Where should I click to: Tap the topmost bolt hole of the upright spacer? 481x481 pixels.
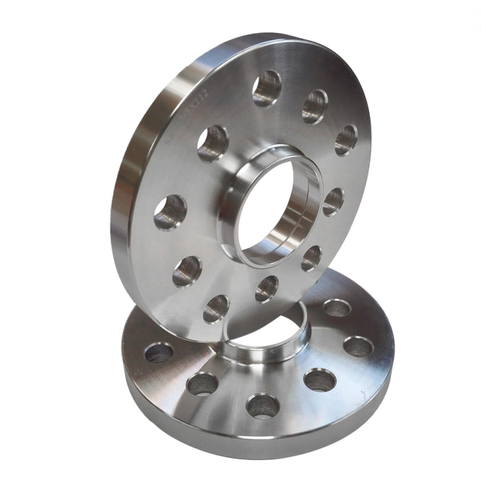pyautogui.click(x=266, y=89)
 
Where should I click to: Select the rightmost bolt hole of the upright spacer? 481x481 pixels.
pyautogui.click(x=346, y=140)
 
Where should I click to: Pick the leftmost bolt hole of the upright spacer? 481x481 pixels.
pyautogui.click(x=170, y=212)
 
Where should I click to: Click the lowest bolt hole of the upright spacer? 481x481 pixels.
pyautogui.click(x=216, y=309)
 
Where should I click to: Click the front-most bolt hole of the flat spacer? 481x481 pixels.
pyautogui.click(x=263, y=405)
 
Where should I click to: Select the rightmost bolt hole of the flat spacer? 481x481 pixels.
pyautogui.click(x=358, y=346)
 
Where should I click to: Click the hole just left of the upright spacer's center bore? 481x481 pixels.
pyautogui.click(x=212, y=143)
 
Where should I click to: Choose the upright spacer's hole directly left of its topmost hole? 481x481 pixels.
pyautogui.click(x=212, y=143)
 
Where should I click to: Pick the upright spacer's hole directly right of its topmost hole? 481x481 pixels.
pyautogui.click(x=314, y=106)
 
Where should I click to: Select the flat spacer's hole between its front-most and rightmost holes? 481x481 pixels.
pyautogui.click(x=319, y=380)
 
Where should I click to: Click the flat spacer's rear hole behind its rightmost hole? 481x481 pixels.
pyautogui.click(x=337, y=308)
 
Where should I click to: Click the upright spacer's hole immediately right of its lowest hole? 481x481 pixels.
pyautogui.click(x=267, y=289)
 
